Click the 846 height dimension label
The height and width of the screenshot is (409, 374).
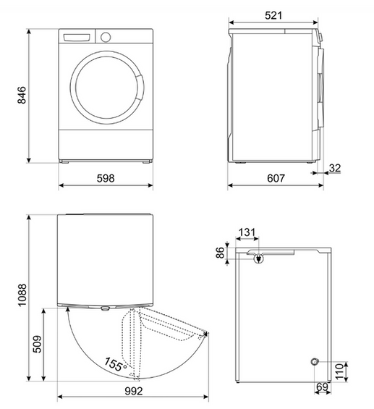pyautogui.click(x=22, y=95)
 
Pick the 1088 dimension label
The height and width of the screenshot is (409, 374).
pyautogui.click(x=22, y=297)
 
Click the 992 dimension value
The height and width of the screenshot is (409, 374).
pyautogui.click(x=131, y=391)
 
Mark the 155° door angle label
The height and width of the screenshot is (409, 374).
pyautogui.click(x=115, y=363)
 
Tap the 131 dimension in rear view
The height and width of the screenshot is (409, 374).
pyautogui.click(x=247, y=232)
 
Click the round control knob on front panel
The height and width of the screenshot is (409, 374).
pyautogui.click(x=106, y=37)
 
